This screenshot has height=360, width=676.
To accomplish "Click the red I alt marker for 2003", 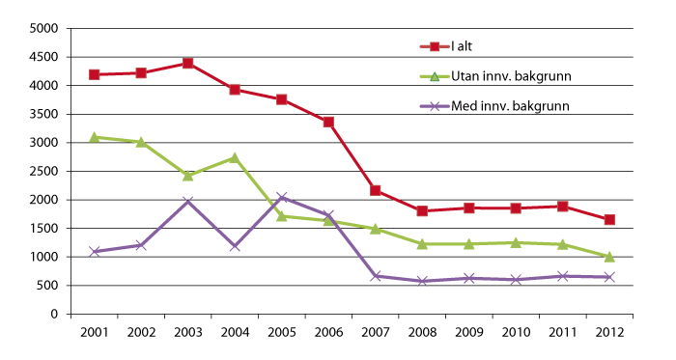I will (x=188, y=63).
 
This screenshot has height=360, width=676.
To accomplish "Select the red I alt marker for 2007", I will (x=375, y=190).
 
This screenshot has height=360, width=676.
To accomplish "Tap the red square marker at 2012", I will (x=609, y=219).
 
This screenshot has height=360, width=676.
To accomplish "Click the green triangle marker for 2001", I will (x=95, y=137).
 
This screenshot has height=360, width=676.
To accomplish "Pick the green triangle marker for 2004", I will (x=235, y=157).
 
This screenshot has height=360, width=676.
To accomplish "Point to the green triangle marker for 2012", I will (x=609, y=257).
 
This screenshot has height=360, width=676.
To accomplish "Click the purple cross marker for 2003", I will (x=188, y=202).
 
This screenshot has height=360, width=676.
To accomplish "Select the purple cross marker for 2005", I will (x=282, y=198).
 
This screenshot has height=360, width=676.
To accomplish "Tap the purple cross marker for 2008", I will (x=422, y=281).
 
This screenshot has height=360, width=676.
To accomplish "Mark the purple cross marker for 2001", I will (x=95, y=251).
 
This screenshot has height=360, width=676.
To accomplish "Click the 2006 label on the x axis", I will (x=328, y=332).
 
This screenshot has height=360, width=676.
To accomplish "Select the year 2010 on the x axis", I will (x=516, y=332).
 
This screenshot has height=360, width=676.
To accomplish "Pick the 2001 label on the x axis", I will (x=95, y=332).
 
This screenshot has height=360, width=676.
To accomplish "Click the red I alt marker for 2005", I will (x=282, y=99).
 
